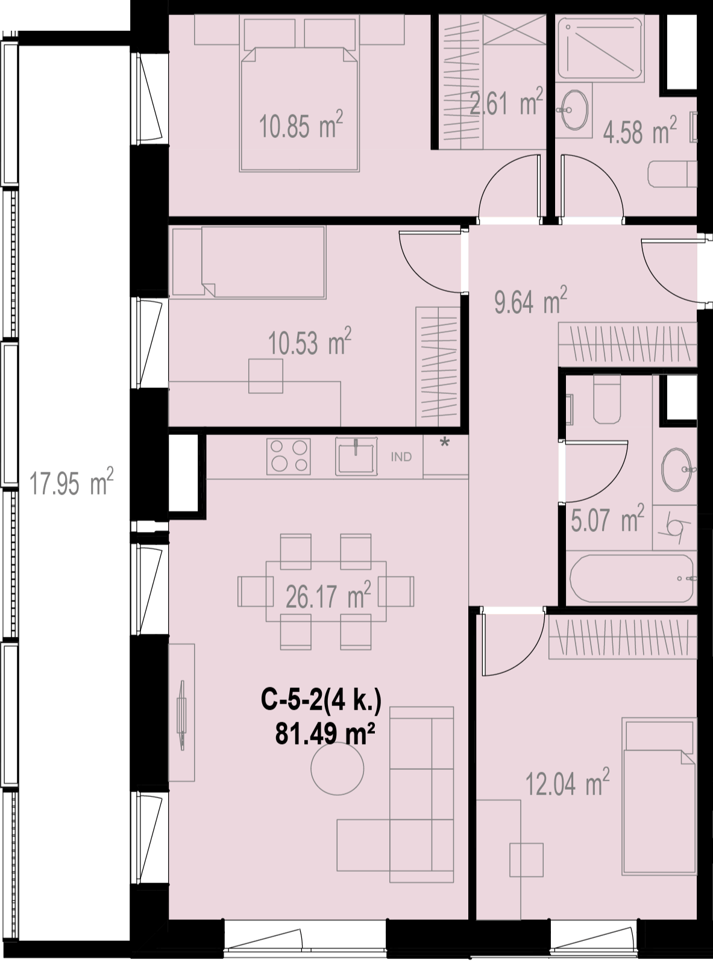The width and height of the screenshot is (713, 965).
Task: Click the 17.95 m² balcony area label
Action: pyautogui.click(x=71, y=482)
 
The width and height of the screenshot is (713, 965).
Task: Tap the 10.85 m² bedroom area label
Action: pyautogui.click(x=301, y=125)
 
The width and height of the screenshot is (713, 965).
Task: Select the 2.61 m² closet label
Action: pyautogui.click(x=506, y=101)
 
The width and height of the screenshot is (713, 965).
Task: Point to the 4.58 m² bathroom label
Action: pyautogui.click(x=639, y=130)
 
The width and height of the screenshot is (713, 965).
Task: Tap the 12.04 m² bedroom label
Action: pyautogui.click(x=567, y=782)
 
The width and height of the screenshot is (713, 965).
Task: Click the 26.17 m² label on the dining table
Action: pyautogui.click(x=328, y=595)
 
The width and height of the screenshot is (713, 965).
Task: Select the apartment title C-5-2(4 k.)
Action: pyautogui.click(x=321, y=700)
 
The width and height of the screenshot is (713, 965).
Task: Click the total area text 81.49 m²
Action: pyautogui.click(x=325, y=734)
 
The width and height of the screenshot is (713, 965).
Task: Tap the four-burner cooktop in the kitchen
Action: pyautogui.click(x=289, y=457)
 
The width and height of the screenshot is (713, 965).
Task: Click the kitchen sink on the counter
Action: pyautogui.click(x=356, y=457)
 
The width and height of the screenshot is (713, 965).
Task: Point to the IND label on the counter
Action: pyautogui.click(x=401, y=457)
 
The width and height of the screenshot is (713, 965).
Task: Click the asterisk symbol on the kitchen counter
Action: pyautogui.click(x=444, y=443)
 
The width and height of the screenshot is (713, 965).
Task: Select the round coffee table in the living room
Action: pyautogui.click(x=338, y=769)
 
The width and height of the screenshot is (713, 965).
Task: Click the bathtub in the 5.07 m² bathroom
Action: pyautogui.click(x=632, y=578)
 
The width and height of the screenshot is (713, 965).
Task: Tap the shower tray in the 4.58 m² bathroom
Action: pyautogui.click(x=601, y=48)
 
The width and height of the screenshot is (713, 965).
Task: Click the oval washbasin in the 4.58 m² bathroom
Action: pyautogui.click(x=574, y=110)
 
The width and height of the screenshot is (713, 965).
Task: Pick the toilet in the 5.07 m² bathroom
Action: pyautogui.click(x=607, y=399)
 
